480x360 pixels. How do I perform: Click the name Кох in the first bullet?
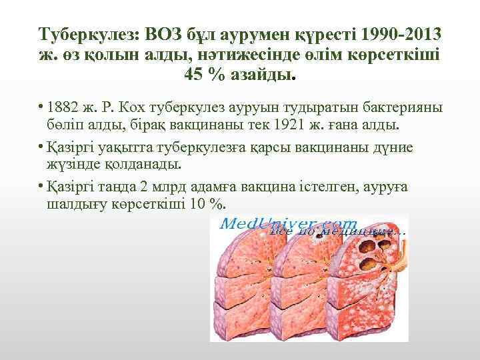[x=139, y=109]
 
